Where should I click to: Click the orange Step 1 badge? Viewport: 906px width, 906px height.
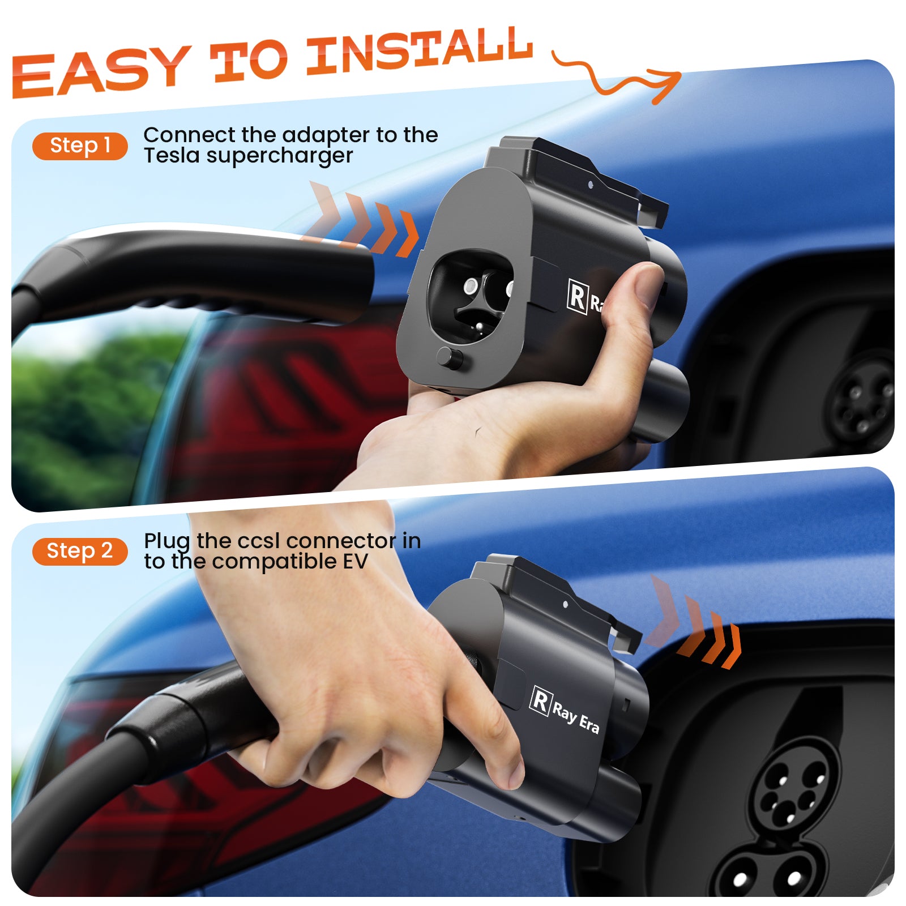(x=80, y=146)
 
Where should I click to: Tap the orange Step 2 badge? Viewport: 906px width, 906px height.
(x=80, y=551)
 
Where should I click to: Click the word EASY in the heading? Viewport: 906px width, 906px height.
(x=101, y=71)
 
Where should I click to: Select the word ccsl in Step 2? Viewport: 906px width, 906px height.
(x=259, y=541)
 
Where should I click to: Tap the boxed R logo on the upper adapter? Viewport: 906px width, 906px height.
(x=577, y=296)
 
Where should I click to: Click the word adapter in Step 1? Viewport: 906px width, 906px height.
(x=326, y=136)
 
